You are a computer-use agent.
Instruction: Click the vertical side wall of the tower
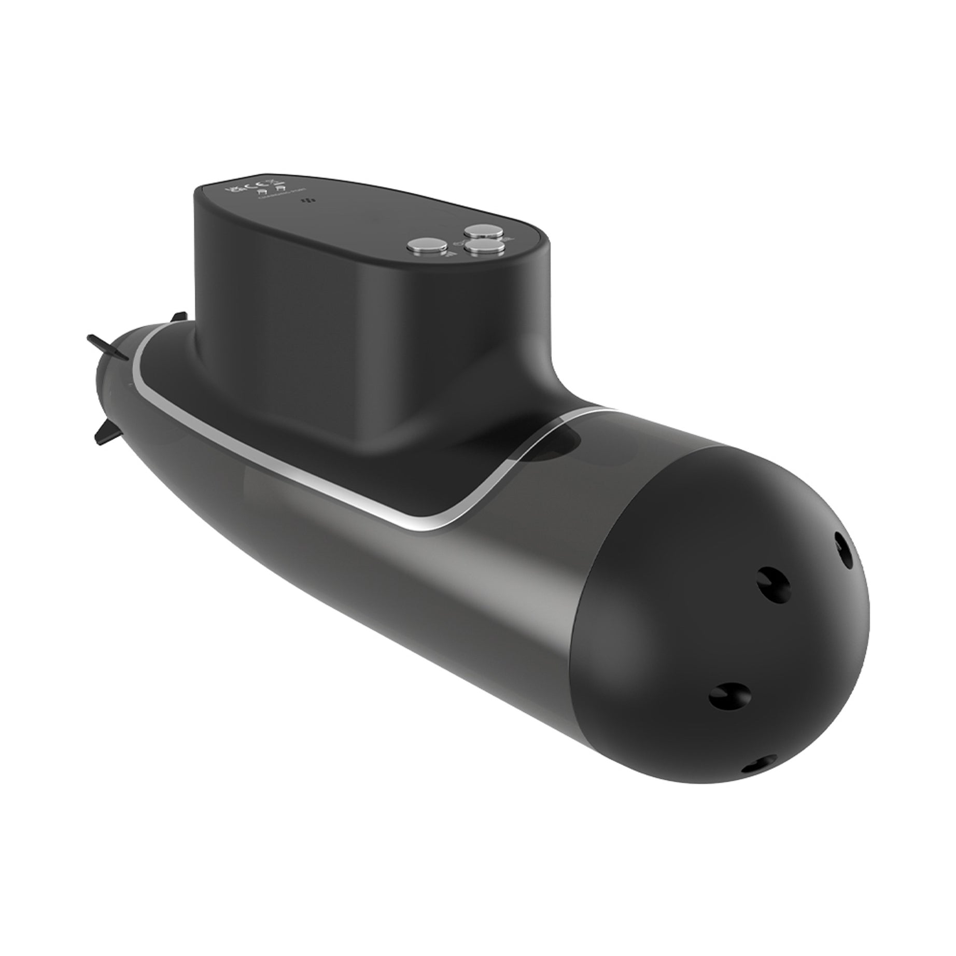(290, 311)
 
